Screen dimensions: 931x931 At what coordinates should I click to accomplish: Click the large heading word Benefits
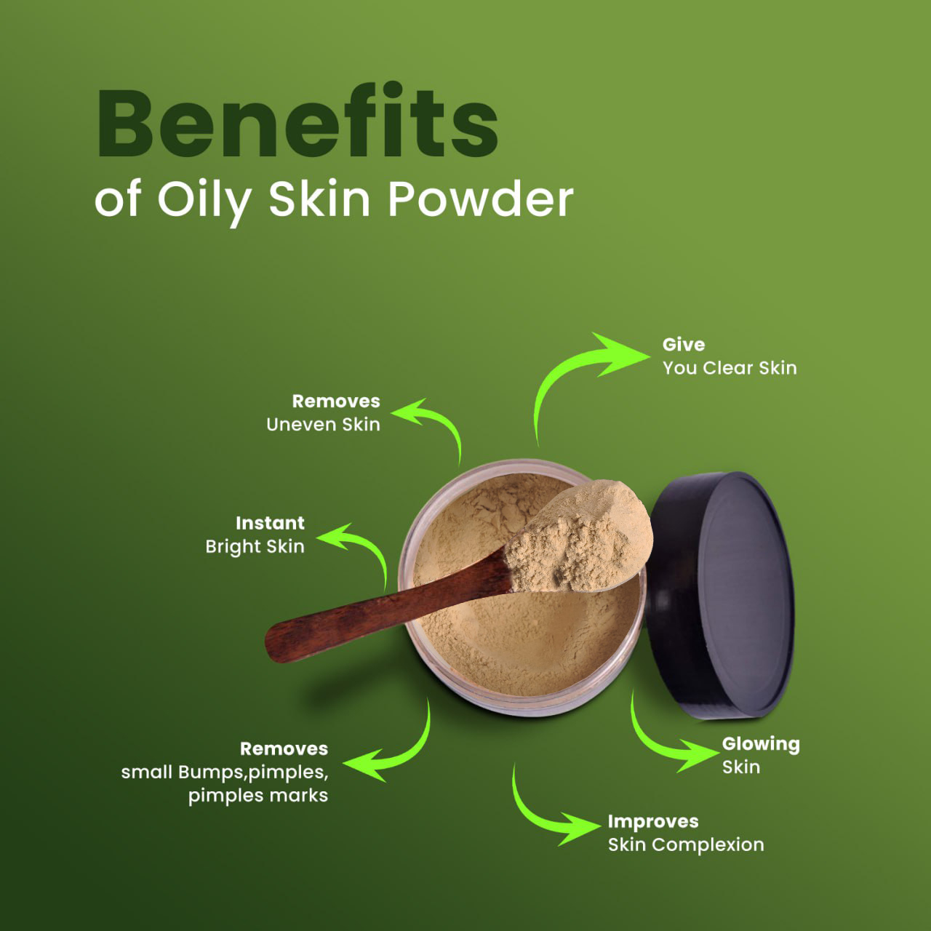[x=297, y=120]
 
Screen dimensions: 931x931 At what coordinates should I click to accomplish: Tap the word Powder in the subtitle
[x=481, y=199]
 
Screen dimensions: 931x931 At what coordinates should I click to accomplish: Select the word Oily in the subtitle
[x=205, y=202]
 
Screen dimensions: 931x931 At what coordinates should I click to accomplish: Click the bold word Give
[x=683, y=345]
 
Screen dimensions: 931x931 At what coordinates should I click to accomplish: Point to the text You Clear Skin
[x=730, y=368]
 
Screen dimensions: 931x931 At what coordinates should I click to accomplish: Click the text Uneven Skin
[x=323, y=425]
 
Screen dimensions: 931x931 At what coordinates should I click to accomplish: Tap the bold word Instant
[x=270, y=523]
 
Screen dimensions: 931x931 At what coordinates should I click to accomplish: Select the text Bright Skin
[x=255, y=547]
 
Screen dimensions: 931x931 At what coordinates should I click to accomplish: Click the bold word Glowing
[x=761, y=745]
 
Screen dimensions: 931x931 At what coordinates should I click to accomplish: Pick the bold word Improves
[x=653, y=821]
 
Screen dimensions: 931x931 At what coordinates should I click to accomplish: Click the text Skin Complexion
[x=686, y=845]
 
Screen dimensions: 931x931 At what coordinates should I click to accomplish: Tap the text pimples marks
[x=258, y=796]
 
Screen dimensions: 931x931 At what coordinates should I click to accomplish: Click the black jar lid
[x=720, y=594]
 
